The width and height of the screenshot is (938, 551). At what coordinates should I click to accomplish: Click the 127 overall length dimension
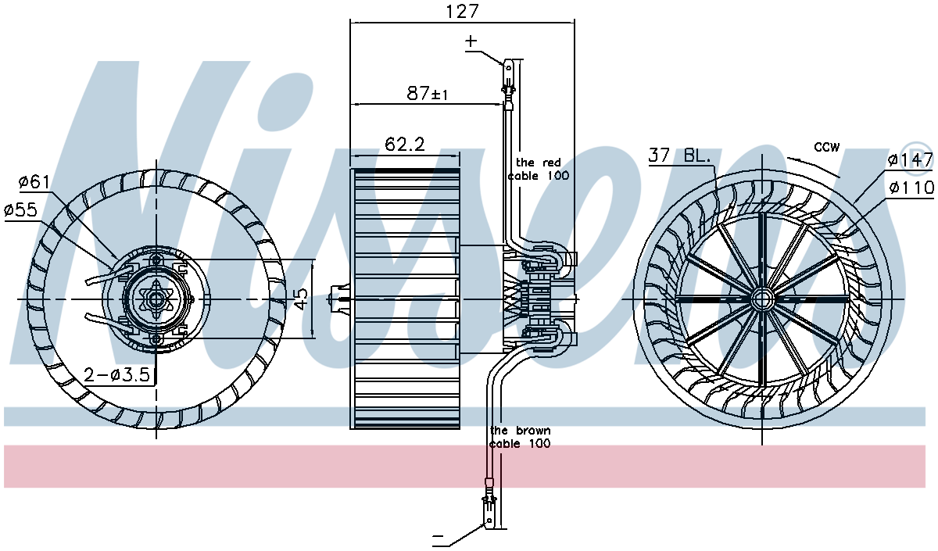[462, 11]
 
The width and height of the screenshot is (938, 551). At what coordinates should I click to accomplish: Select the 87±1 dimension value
[427, 93]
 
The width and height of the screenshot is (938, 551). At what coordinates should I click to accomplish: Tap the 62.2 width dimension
[405, 145]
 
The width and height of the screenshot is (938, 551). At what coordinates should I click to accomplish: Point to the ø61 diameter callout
[34, 182]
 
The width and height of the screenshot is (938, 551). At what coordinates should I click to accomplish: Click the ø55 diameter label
[21, 209]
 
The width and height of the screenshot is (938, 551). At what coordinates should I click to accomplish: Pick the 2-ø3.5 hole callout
[116, 374]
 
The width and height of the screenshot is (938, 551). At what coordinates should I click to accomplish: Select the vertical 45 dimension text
[301, 298]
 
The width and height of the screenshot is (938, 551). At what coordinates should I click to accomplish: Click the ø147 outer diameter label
[911, 160]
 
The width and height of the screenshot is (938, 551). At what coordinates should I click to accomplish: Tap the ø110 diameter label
[911, 188]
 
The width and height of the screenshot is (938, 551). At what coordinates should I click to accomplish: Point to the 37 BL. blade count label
[679, 156]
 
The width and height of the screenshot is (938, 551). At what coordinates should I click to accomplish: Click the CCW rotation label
[827, 147]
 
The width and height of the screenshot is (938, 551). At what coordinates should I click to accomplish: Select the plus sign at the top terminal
[471, 41]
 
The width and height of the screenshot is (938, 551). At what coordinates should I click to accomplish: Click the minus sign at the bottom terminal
[438, 536]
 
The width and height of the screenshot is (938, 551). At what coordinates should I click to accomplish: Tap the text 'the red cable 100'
[539, 169]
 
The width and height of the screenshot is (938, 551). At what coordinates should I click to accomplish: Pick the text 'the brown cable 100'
[520, 437]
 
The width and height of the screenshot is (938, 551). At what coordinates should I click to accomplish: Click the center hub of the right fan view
[761, 299]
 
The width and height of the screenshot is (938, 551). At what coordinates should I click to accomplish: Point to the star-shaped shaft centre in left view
[156, 299]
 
